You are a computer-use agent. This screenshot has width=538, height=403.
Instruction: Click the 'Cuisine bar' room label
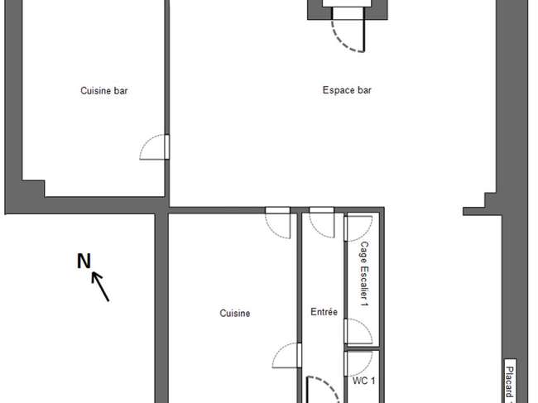tap(104, 90)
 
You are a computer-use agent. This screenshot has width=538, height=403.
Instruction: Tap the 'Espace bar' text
tap(347, 90)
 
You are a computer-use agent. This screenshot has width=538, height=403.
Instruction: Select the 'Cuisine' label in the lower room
tap(235, 313)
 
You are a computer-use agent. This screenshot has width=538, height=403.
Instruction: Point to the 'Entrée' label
tap(324, 312)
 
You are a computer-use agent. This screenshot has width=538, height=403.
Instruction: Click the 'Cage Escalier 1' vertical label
tap(364, 274)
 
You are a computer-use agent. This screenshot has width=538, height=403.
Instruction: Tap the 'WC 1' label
tap(363, 381)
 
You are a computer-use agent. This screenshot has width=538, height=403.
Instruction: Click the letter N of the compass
tap(84, 261)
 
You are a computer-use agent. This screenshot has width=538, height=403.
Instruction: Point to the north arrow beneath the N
tap(100, 286)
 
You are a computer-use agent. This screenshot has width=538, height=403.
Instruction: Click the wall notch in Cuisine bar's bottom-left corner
tap(33, 189)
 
